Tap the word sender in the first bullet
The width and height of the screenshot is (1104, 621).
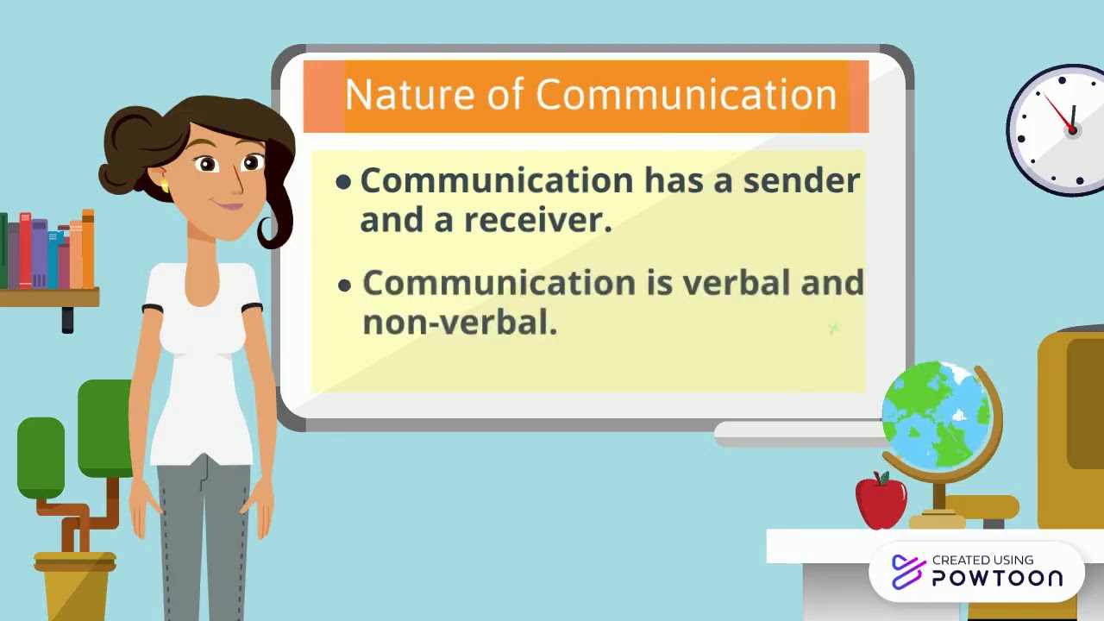coord(801,181)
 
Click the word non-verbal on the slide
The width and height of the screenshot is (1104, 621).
coord(460,323)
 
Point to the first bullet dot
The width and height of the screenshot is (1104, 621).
coord(343,182)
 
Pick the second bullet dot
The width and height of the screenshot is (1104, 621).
coord(345,285)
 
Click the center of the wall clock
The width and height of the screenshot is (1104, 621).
coord(1072,129)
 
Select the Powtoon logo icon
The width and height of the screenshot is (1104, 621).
coord(907,572)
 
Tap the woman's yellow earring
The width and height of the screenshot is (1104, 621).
coord(164,185)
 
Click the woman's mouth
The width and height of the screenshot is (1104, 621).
coord(229,205)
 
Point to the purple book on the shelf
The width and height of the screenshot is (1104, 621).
coord(40,253)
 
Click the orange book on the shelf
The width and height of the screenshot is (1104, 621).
coord(87,249)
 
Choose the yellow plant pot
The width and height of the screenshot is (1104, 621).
coord(75,586)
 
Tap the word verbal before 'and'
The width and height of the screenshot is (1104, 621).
coord(736,283)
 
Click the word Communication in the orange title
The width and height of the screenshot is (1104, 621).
coord(686,94)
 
